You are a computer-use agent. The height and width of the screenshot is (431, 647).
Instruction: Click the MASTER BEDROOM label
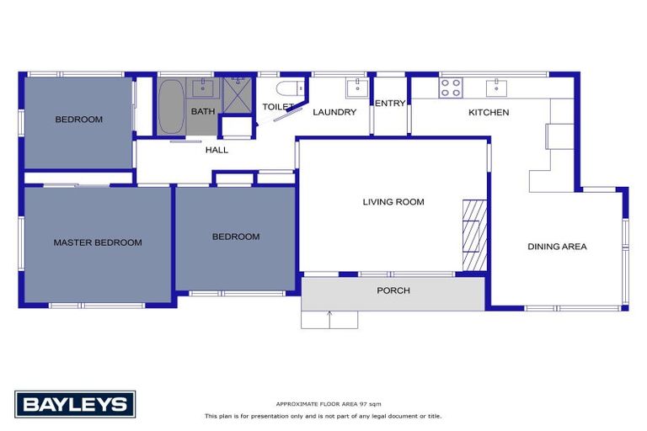[x=98, y=242]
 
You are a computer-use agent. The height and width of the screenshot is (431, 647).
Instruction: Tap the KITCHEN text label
[x=489, y=112]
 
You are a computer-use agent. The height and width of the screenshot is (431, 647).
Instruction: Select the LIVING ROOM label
[x=393, y=202]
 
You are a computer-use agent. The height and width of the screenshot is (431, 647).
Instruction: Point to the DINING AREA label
[x=557, y=247]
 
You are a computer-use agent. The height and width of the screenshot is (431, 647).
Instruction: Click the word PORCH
[x=393, y=290]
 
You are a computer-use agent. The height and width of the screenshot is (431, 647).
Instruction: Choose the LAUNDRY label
[x=334, y=112]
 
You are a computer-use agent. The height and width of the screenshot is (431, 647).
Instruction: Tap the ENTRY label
[x=390, y=104]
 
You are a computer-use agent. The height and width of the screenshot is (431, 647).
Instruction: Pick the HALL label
[x=217, y=150]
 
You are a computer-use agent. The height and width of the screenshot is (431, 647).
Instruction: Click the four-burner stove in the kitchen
[x=450, y=86]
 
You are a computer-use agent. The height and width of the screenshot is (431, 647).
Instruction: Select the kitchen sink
[x=497, y=85]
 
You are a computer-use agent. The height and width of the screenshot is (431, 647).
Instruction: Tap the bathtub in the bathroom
[x=171, y=107]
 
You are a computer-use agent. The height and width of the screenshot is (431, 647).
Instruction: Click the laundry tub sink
[x=356, y=87]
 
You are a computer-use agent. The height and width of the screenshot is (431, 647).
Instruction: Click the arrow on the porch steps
[x=329, y=317]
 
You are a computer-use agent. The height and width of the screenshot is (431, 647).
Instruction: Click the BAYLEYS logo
[x=75, y=404]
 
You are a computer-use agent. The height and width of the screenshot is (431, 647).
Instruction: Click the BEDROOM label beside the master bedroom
[x=236, y=237]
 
